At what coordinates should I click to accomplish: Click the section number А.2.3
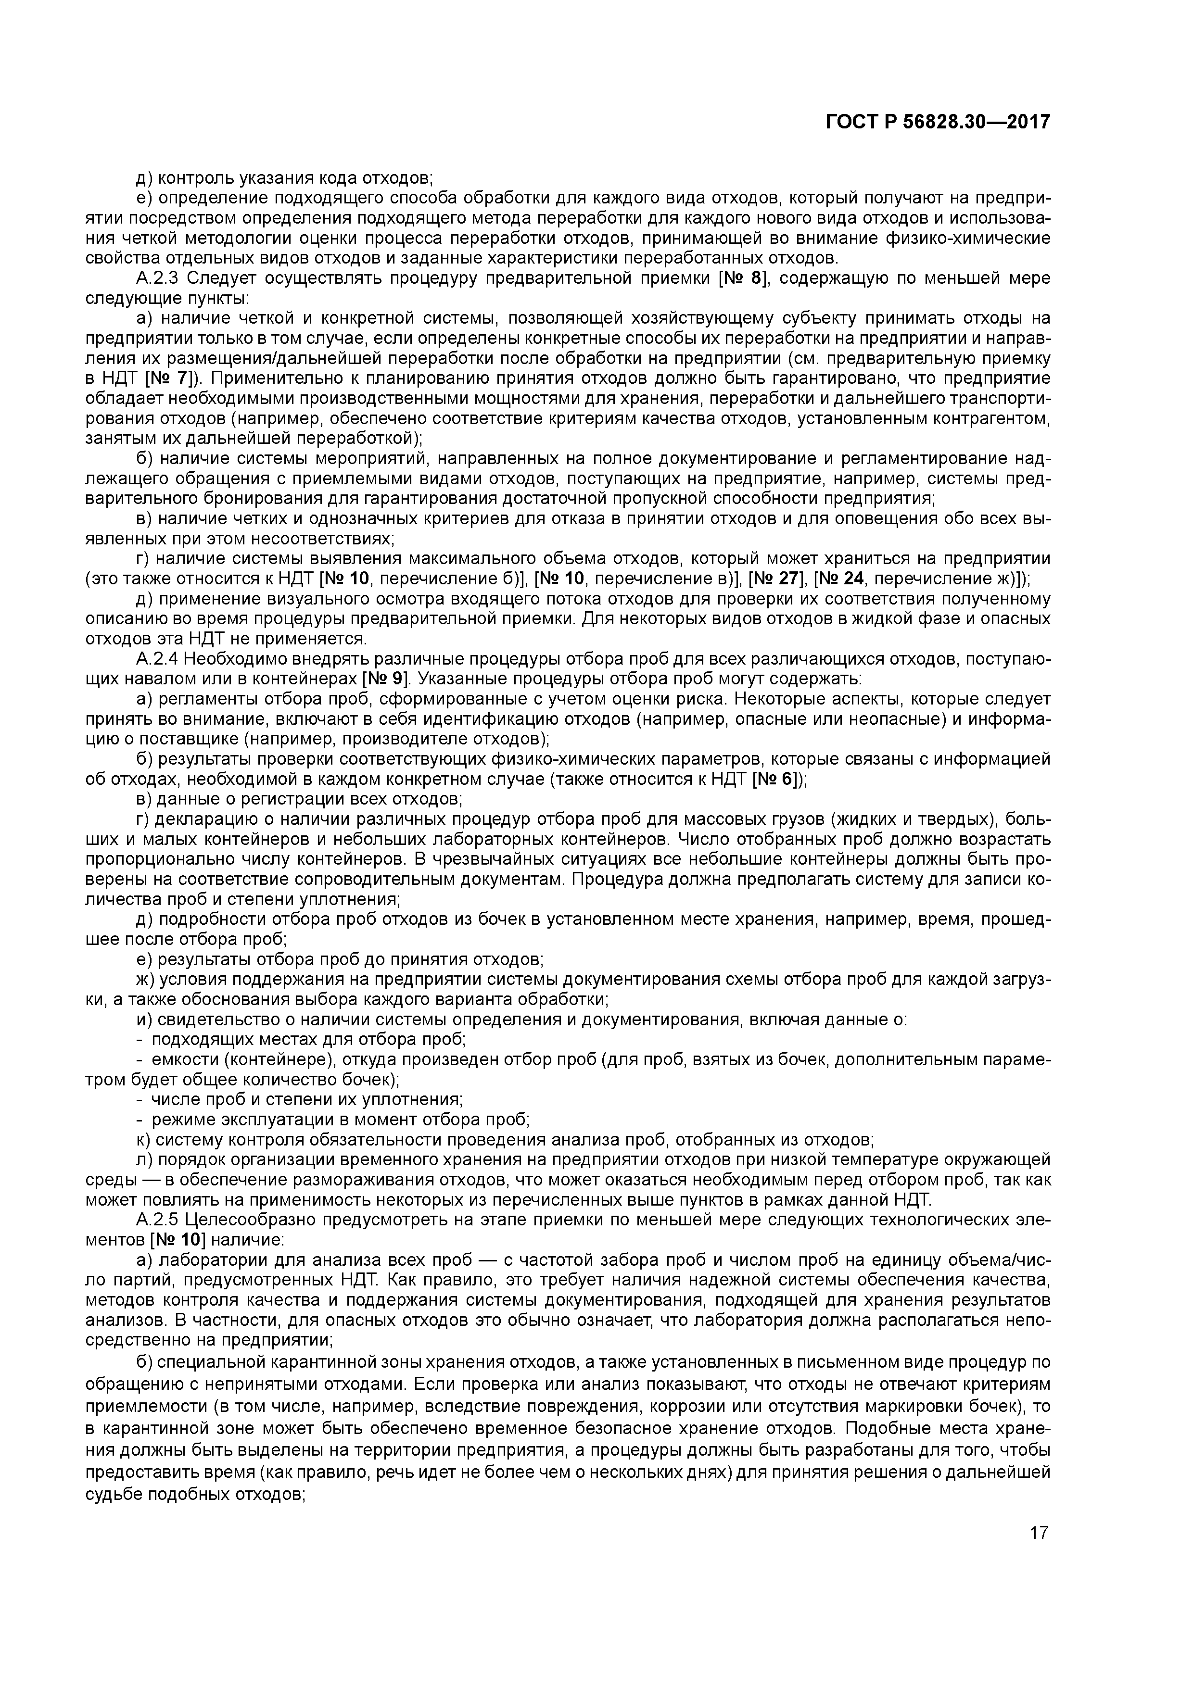tap(158, 278)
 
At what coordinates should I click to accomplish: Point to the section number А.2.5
tap(158, 1221)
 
